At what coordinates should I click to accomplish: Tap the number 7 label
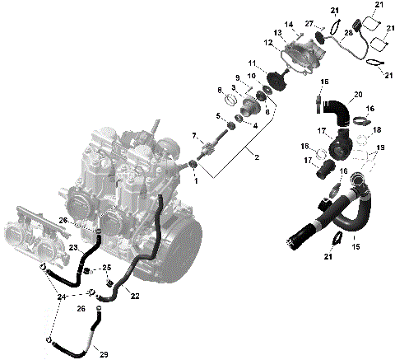tap(194, 136)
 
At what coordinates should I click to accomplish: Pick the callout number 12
tap(268, 42)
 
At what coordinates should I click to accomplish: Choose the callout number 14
tap(289, 26)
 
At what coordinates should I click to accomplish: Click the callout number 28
tap(348, 32)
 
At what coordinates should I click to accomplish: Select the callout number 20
tap(358, 95)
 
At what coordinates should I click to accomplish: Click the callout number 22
tap(135, 296)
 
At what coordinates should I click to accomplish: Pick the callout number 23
tap(72, 246)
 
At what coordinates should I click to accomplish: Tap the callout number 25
tap(107, 269)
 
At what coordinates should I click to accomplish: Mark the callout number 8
tap(220, 89)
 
